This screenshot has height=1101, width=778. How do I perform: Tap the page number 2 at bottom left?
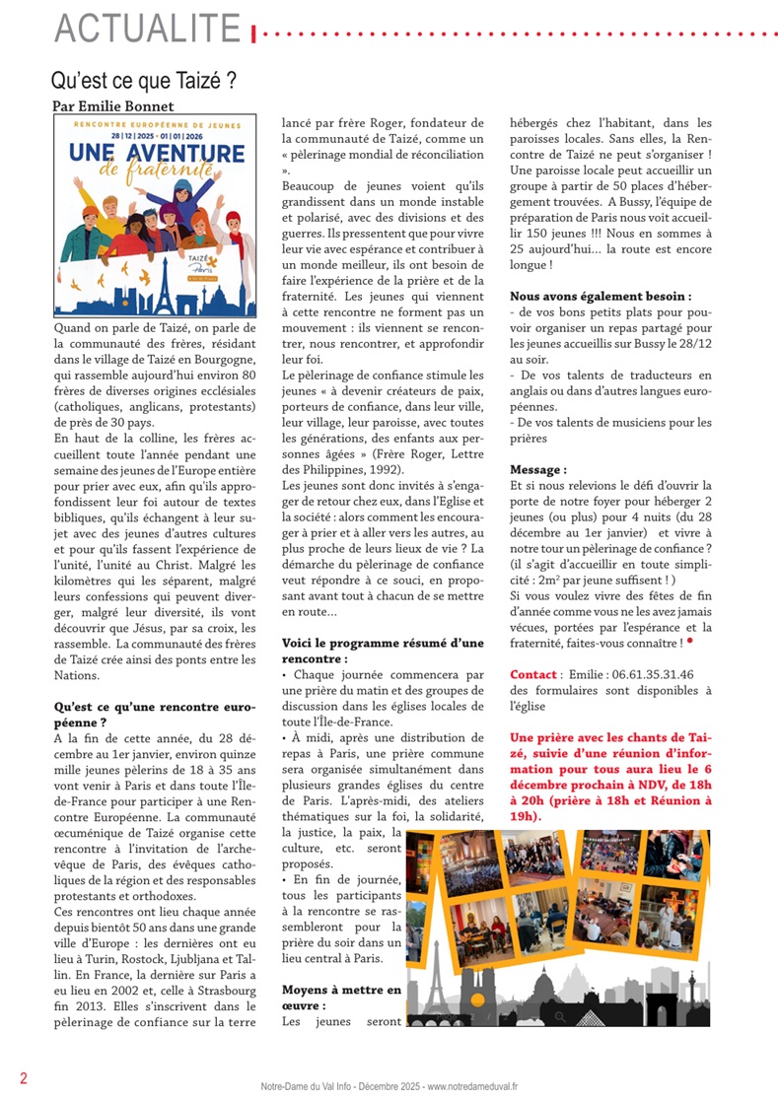[x=23, y=1077]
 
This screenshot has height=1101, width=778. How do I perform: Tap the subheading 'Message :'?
[x=538, y=470]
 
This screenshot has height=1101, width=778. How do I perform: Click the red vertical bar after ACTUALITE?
[x=254, y=34]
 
